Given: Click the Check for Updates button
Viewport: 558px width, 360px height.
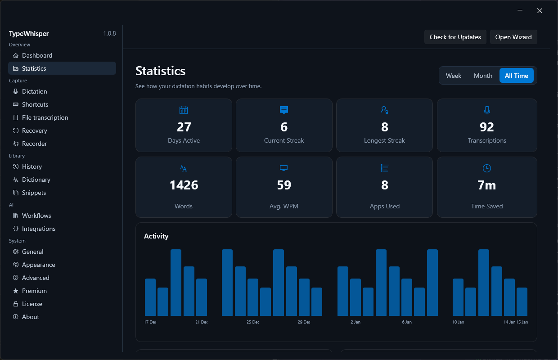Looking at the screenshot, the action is click(x=455, y=37).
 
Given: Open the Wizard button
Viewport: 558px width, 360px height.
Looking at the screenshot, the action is click(x=513, y=37).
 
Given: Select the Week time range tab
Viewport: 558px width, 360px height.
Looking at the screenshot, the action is click(x=454, y=76).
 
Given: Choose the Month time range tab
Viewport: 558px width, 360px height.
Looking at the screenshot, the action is click(x=483, y=76).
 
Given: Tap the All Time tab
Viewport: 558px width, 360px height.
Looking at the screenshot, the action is click(x=517, y=76).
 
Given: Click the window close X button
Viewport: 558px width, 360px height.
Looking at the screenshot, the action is click(x=540, y=10).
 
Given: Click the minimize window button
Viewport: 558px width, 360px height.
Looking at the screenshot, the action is click(x=520, y=10).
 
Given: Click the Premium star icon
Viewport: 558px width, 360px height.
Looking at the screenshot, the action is click(x=16, y=291).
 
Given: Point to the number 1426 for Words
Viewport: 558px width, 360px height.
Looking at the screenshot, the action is click(x=184, y=185).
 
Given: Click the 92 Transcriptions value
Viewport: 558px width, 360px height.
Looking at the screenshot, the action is click(x=487, y=127).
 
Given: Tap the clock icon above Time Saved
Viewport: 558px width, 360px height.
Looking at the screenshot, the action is click(x=487, y=168).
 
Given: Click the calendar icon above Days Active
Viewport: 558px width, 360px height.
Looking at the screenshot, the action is click(x=184, y=110).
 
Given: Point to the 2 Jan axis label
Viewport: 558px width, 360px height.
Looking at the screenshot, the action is click(x=355, y=322).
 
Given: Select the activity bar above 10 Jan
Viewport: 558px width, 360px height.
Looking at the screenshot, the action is click(x=458, y=297).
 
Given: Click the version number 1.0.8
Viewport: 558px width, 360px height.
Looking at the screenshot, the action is click(x=109, y=33).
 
